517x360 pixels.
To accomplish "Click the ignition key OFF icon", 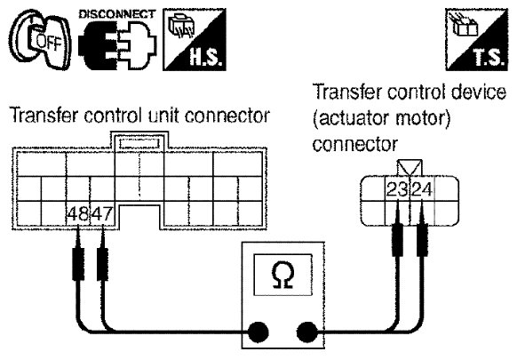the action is click(x=40, y=40).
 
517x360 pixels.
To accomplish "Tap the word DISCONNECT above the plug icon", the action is click(x=116, y=14).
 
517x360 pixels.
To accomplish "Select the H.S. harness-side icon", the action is click(x=195, y=40).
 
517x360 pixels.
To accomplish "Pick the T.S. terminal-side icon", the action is click(x=476, y=40).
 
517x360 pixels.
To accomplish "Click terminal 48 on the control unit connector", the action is click(x=78, y=214).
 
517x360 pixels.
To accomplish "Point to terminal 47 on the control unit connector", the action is click(x=102, y=214).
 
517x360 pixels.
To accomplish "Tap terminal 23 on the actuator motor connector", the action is click(x=397, y=189).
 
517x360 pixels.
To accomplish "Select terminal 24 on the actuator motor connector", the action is click(x=422, y=189).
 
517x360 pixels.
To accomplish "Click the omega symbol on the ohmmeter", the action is click(x=282, y=276).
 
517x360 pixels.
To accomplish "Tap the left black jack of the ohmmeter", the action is click(x=258, y=332).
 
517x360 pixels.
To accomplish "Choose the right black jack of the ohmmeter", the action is click(x=307, y=332).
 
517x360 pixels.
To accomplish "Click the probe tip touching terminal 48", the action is click(x=78, y=227).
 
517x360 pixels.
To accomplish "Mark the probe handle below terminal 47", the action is click(x=102, y=264).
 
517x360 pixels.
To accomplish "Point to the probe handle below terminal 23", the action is click(x=398, y=240).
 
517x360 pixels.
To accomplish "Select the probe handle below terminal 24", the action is click(x=422, y=240).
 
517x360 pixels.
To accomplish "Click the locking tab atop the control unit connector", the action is click(x=139, y=142).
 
